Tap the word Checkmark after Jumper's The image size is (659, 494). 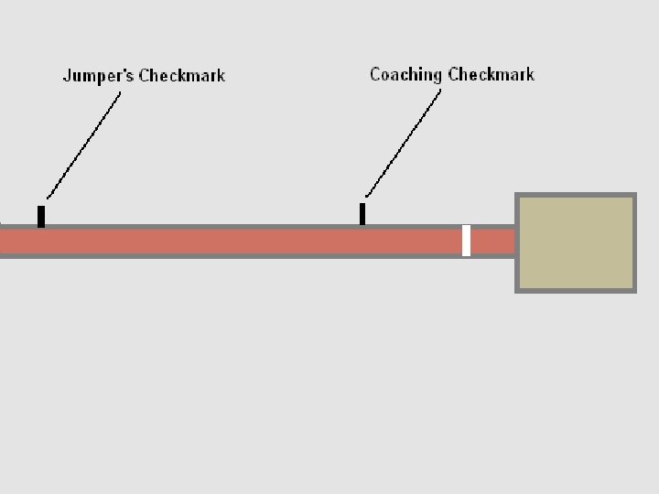pyautogui.click(x=181, y=76)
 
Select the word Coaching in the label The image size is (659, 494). pyautogui.click(x=405, y=74)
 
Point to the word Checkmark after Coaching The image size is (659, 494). pyautogui.click(x=491, y=74)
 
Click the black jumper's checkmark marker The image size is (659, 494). pyautogui.click(x=41, y=217)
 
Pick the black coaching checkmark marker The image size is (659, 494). pyautogui.click(x=362, y=213)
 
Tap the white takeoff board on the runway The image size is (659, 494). pyautogui.click(x=466, y=241)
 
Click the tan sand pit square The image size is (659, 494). pyautogui.click(x=577, y=242)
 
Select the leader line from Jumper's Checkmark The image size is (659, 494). pyautogui.click(x=84, y=141)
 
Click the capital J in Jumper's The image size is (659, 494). pyautogui.click(x=67, y=76)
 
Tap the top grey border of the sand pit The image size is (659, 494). pyautogui.click(x=577, y=196)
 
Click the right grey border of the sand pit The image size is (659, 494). pyautogui.click(x=634, y=242)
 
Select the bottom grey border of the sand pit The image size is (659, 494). pyautogui.click(x=577, y=290)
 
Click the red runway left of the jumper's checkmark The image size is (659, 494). pyautogui.click(x=18, y=242)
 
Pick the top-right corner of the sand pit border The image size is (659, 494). pyautogui.click(x=633, y=196)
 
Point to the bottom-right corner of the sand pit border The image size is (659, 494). pyautogui.click(x=633, y=290)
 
